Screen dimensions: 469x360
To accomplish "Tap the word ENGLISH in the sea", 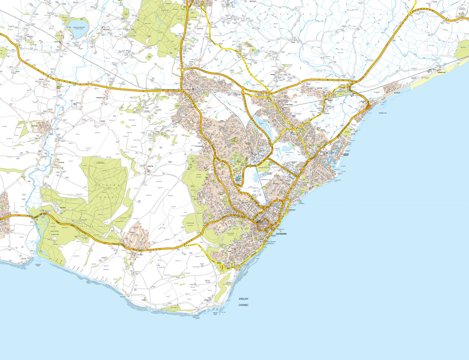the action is pyautogui.click(x=243, y=299).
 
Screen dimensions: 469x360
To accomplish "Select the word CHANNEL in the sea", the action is pyautogui.click(x=243, y=305).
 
